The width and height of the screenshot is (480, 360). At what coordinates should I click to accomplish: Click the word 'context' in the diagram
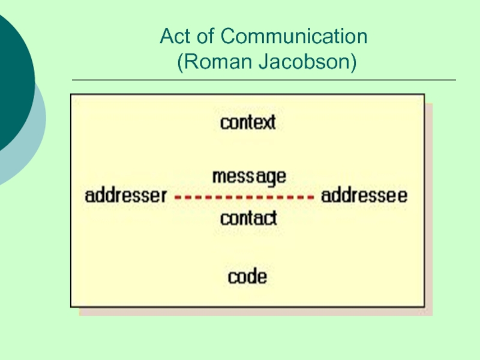click(248, 122)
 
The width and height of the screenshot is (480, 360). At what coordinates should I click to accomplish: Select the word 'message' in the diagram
click(249, 177)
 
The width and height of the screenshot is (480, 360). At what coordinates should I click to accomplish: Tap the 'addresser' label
click(125, 196)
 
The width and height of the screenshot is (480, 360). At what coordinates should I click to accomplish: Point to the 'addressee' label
click(364, 196)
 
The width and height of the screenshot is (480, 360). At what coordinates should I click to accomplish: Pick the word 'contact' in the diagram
click(248, 218)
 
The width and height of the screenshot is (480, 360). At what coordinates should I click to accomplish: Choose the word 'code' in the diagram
click(247, 277)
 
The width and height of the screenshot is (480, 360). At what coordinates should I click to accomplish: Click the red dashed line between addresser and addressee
click(244, 196)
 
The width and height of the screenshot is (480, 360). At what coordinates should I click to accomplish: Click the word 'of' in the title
click(206, 37)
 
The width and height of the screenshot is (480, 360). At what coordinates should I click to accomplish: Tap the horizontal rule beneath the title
click(263, 80)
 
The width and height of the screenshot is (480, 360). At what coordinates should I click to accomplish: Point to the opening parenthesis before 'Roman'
click(180, 62)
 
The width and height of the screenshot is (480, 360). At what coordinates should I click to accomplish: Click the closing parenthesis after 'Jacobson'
click(353, 62)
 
